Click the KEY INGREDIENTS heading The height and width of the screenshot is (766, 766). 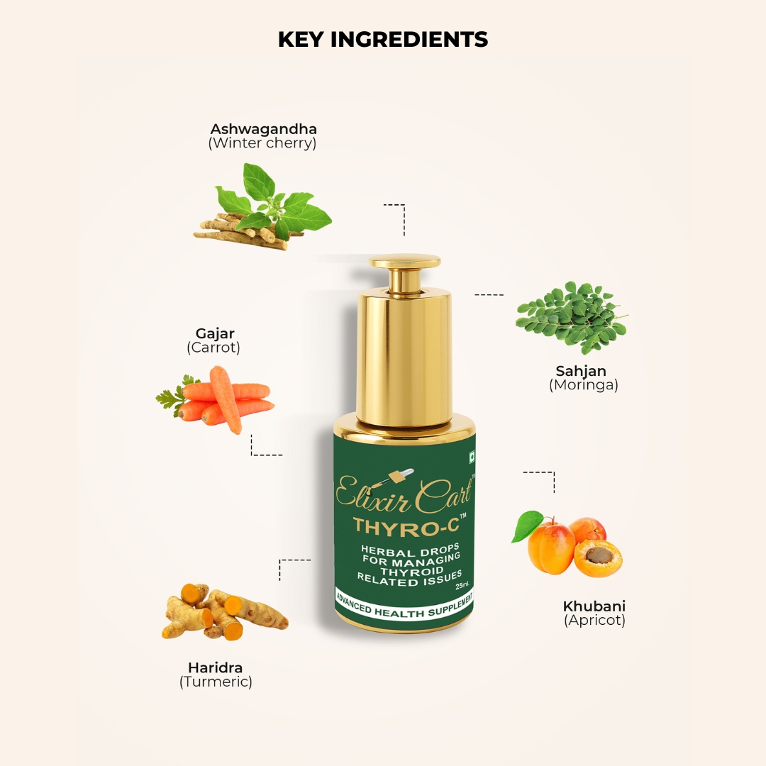pyautogui.click(x=383, y=40)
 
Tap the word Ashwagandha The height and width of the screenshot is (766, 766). pyautogui.click(x=263, y=130)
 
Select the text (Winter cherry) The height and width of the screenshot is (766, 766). pyautogui.click(x=262, y=143)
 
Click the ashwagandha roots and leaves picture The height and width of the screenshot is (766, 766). pyautogui.click(x=263, y=207)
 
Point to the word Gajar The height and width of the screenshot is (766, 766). pyautogui.click(x=215, y=333)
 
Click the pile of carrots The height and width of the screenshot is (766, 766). pyautogui.click(x=216, y=399)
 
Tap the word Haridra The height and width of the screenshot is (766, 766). pyautogui.click(x=216, y=667)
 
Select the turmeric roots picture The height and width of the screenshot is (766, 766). pyautogui.click(x=225, y=611)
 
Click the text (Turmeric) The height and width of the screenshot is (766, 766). pyautogui.click(x=216, y=682)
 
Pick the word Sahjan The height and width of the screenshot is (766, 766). pyautogui.click(x=581, y=371)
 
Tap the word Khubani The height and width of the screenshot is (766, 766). pyautogui.click(x=594, y=606)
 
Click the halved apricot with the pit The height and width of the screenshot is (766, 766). pyautogui.click(x=598, y=558)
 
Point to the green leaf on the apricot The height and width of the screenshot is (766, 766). pyautogui.click(x=528, y=526)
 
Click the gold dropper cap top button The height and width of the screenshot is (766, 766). pyautogui.click(x=404, y=262)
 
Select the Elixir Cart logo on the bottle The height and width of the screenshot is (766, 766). pyautogui.click(x=405, y=492)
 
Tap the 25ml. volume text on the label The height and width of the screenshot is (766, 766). pyautogui.click(x=462, y=585)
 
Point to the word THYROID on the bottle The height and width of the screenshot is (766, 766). pyautogui.click(x=412, y=570)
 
